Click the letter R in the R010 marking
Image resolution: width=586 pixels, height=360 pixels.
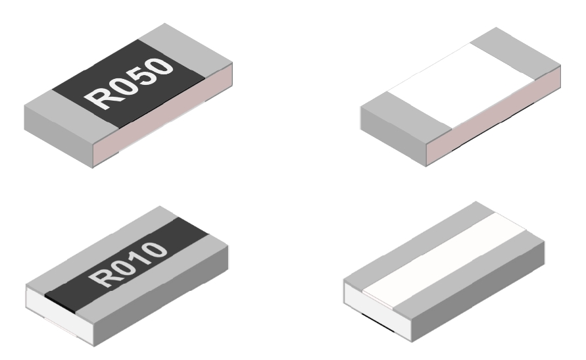pyautogui.click(x=98, y=276)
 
